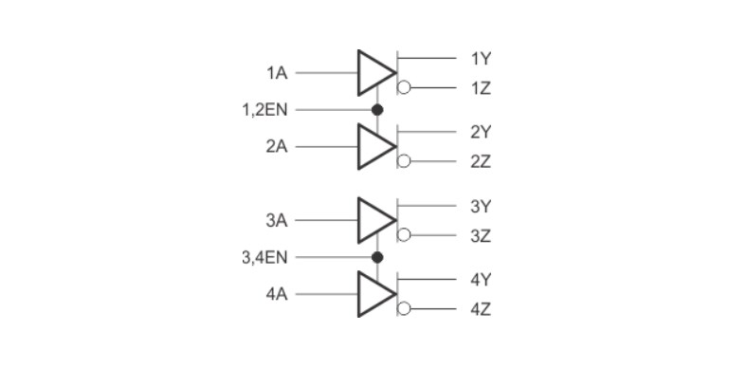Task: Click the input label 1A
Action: point(277,73)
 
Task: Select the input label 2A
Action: point(277,147)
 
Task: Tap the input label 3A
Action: point(277,220)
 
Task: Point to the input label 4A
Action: point(277,294)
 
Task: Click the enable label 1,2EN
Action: point(265,110)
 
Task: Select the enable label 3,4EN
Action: point(265,257)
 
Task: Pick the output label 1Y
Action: point(481,58)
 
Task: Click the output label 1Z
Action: point(481,88)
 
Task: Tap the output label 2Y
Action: point(481,132)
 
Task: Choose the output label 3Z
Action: point(481,235)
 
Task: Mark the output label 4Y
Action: point(481,279)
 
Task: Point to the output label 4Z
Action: point(481,309)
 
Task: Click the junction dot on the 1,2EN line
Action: point(376,110)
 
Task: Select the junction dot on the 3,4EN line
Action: point(376,257)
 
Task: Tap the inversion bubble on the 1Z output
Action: point(404,88)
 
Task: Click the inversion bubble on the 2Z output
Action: point(404,161)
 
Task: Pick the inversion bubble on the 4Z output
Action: point(404,309)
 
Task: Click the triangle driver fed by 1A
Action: point(373,73)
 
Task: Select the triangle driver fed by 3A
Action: point(373,220)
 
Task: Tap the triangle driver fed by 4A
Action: point(373,294)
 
